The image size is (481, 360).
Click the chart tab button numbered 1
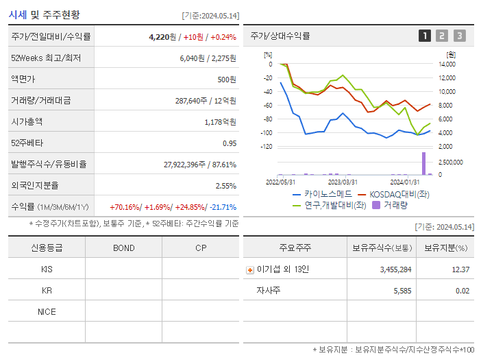[425, 36]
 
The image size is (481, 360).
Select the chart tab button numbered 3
[459, 36]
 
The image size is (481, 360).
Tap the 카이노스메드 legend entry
[319, 194]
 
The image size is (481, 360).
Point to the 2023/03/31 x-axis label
[343, 182]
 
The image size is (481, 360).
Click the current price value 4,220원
[162, 37]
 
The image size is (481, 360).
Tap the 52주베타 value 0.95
[229, 143]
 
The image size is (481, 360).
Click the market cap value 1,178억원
[220, 122]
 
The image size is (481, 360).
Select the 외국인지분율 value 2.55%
[225, 186]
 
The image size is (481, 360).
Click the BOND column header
[123, 248]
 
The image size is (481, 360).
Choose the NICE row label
[47, 312]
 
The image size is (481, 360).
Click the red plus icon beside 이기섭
[249, 270]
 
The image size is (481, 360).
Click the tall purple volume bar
[423, 163]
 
